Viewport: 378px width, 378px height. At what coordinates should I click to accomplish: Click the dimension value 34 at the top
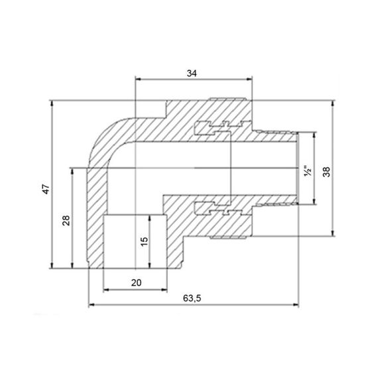192,74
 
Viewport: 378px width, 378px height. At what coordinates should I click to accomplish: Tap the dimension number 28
66,220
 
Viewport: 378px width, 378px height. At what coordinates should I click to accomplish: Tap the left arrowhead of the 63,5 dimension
91,305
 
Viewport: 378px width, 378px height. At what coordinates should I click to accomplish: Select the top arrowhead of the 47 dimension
52,103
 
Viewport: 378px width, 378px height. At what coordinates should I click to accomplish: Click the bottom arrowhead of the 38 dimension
334,233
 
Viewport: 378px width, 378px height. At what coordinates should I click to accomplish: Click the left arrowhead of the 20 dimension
106,289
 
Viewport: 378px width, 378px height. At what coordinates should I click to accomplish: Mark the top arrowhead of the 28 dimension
72,170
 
